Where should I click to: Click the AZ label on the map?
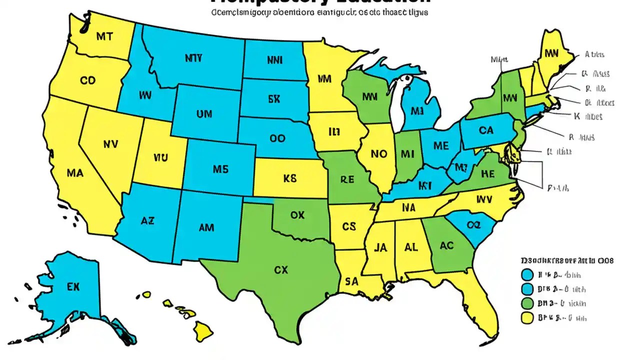click(x=147, y=220)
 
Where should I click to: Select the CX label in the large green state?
click(x=281, y=269)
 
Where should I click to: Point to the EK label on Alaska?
click(x=73, y=287)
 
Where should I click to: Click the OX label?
click(x=297, y=215)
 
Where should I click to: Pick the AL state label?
click(x=411, y=247)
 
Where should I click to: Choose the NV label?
click(x=110, y=144)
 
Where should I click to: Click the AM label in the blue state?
click(x=206, y=228)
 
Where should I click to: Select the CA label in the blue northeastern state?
click(x=485, y=131)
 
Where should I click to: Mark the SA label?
click(x=351, y=281)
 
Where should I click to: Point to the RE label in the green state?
click(x=347, y=179)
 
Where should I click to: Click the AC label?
click(x=446, y=245)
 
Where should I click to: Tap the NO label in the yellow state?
click(x=378, y=154)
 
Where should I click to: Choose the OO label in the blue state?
click(x=277, y=138)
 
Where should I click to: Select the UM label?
click(x=204, y=114)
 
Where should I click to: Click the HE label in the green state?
click(x=487, y=174)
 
